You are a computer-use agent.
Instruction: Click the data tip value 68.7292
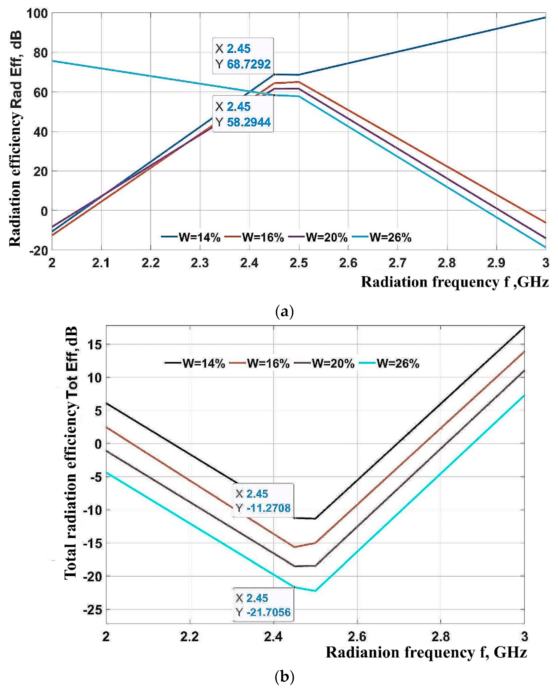click(249, 64)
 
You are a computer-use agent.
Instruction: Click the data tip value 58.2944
click(249, 122)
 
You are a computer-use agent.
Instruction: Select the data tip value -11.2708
click(268, 508)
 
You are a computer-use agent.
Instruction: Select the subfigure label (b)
click(285, 677)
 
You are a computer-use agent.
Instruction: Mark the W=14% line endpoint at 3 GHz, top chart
click(545, 17)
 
